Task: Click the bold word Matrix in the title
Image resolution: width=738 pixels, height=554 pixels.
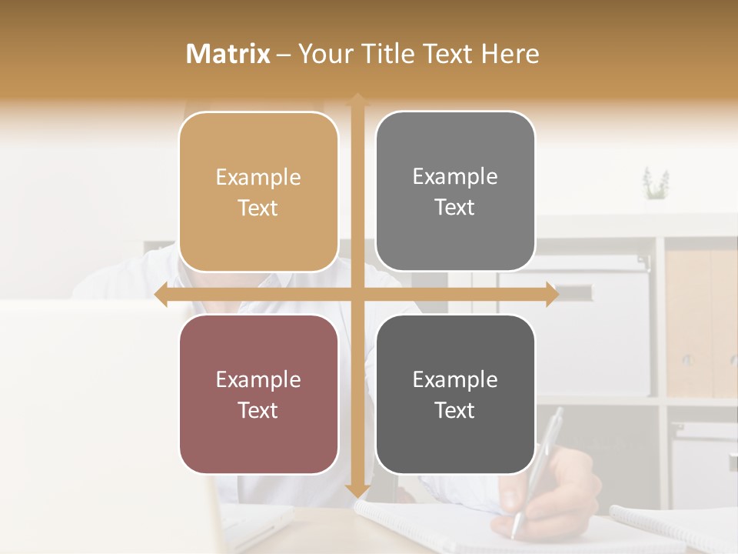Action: (228, 54)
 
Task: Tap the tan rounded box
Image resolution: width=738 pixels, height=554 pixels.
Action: (258, 192)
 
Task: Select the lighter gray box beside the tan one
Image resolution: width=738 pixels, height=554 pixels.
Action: (455, 192)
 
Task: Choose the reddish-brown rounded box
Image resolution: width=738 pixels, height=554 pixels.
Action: (258, 395)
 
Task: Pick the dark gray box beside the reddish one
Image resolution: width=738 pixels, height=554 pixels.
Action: (455, 395)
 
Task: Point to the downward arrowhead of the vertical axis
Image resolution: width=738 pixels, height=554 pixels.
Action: (357, 490)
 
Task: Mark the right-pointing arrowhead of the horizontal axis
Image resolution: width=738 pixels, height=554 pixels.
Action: (551, 295)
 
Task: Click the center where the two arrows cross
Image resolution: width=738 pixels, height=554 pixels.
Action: (357, 295)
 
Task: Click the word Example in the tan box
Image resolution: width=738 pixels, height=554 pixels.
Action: (258, 178)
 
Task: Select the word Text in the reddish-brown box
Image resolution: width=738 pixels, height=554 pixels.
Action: (258, 411)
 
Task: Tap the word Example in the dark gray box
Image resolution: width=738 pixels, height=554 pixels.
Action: (455, 379)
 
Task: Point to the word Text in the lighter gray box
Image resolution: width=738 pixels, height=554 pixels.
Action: (455, 208)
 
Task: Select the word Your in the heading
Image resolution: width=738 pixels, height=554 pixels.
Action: (324, 54)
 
